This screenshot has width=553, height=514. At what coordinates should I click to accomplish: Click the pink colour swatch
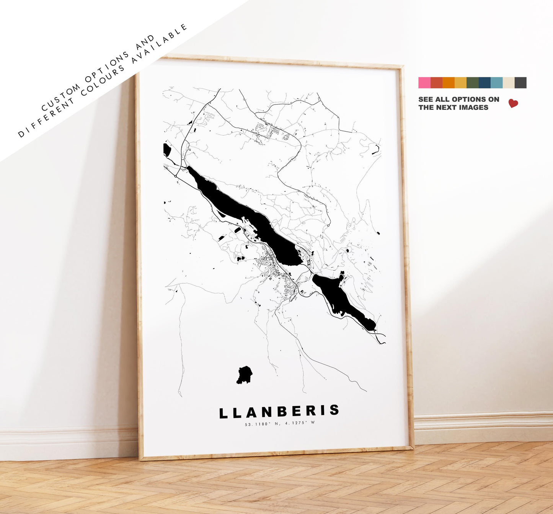click(424, 83)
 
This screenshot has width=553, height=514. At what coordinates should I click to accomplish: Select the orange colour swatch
click(448, 83)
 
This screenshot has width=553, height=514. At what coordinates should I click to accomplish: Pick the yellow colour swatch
click(460, 83)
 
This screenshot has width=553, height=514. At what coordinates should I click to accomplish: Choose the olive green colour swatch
click(472, 83)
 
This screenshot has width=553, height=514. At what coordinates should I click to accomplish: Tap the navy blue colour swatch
click(484, 83)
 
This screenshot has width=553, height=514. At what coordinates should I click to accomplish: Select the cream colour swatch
click(508, 83)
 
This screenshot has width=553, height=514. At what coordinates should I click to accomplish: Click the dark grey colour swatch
click(520, 83)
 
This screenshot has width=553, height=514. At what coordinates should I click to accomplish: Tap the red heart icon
click(513, 103)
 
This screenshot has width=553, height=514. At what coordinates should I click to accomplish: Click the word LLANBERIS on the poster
click(279, 412)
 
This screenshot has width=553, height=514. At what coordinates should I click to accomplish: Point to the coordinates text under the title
click(280, 423)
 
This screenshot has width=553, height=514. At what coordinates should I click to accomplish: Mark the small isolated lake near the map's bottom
click(244, 375)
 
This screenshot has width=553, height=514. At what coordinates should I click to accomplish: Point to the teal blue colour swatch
click(496, 83)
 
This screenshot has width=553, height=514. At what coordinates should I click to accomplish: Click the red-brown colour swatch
click(436, 83)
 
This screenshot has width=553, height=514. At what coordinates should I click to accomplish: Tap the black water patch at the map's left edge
click(166, 150)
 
